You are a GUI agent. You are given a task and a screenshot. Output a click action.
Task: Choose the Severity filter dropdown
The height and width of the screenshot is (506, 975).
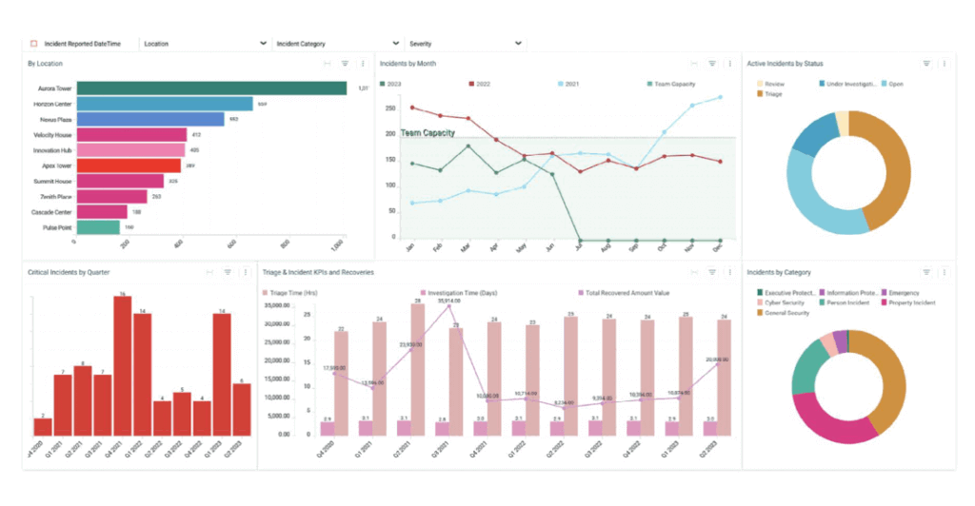pyautogui.click(x=465, y=44)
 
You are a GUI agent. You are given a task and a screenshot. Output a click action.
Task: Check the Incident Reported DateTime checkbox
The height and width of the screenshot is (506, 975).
pyautogui.click(x=33, y=44)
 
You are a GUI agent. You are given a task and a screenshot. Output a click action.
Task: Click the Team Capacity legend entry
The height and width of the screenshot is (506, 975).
pyautogui.click(x=672, y=84)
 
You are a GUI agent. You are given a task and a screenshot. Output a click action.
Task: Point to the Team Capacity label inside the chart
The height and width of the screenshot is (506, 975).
pyautogui.click(x=427, y=133)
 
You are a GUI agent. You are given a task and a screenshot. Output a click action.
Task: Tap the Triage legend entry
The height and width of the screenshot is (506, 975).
pyautogui.click(x=772, y=94)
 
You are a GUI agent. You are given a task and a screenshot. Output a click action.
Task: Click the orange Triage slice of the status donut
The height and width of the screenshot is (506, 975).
pyautogui.click(x=883, y=171)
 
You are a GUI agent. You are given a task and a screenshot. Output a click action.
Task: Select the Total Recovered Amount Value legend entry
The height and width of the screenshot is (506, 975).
pyautogui.click(x=627, y=294)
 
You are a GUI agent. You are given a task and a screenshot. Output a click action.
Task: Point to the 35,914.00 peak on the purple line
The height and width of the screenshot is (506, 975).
pyautogui.click(x=450, y=306)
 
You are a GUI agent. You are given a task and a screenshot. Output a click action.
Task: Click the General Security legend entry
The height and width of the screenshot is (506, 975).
pyautogui.click(x=785, y=313)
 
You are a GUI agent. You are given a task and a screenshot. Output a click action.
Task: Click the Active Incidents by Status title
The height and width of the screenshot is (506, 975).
pyautogui.click(x=785, y=64)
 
